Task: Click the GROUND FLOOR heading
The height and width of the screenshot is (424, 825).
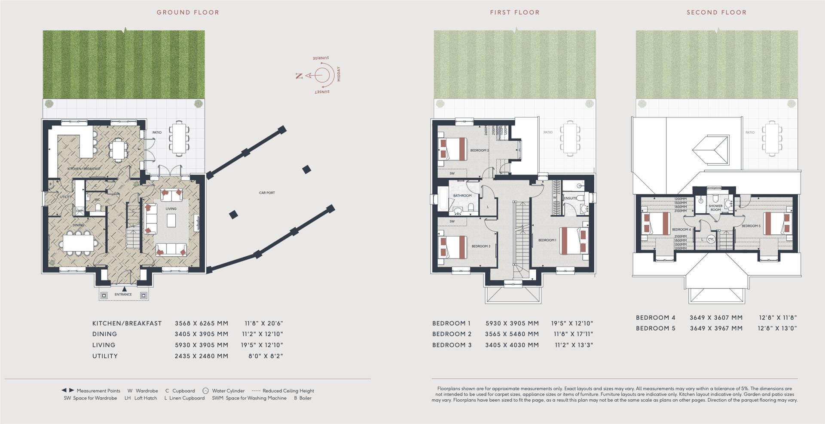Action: coord(188,12)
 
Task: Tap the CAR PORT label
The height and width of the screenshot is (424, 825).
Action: coord(266,193)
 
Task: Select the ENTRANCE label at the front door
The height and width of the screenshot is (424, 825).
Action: coord(123,295)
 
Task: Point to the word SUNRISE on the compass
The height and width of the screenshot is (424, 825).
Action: coord(321,58)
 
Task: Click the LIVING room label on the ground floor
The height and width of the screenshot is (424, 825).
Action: coord(171,209)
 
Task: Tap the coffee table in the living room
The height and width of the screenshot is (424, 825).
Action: coord(171,221)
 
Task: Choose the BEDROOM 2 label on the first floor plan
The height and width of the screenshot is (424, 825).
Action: coord(479,151)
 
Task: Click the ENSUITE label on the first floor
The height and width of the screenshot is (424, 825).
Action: coord(571,198)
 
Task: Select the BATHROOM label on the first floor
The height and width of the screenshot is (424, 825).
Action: coord(462,196)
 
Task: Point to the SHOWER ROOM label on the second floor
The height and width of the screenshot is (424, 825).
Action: coord(715,208)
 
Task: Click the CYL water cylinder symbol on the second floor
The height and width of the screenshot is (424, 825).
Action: coord(711,240)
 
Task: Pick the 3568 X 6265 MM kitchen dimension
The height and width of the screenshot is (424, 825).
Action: coord(202,323)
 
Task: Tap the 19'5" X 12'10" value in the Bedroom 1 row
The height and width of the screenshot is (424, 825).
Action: coord(572,323)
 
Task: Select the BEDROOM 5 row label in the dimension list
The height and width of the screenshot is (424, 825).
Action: coord(655,328)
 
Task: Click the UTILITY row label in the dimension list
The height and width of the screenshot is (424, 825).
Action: coord(105,356)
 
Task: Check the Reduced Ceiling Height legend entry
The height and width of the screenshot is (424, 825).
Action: coord(288,391)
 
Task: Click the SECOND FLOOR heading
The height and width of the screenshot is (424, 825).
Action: coord(716,12)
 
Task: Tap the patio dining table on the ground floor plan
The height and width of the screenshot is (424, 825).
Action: coord(179,138)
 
